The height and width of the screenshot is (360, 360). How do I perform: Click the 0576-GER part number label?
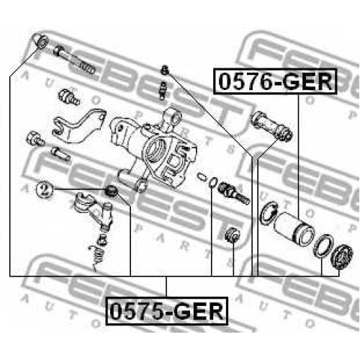coord(275,81)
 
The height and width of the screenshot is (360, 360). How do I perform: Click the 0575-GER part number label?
coord(167,311)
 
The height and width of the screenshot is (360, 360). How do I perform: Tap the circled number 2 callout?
coord(44,189)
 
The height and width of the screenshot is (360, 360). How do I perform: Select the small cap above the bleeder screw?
coord(164,70)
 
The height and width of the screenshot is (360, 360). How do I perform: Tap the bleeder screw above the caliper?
coord(163,90)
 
